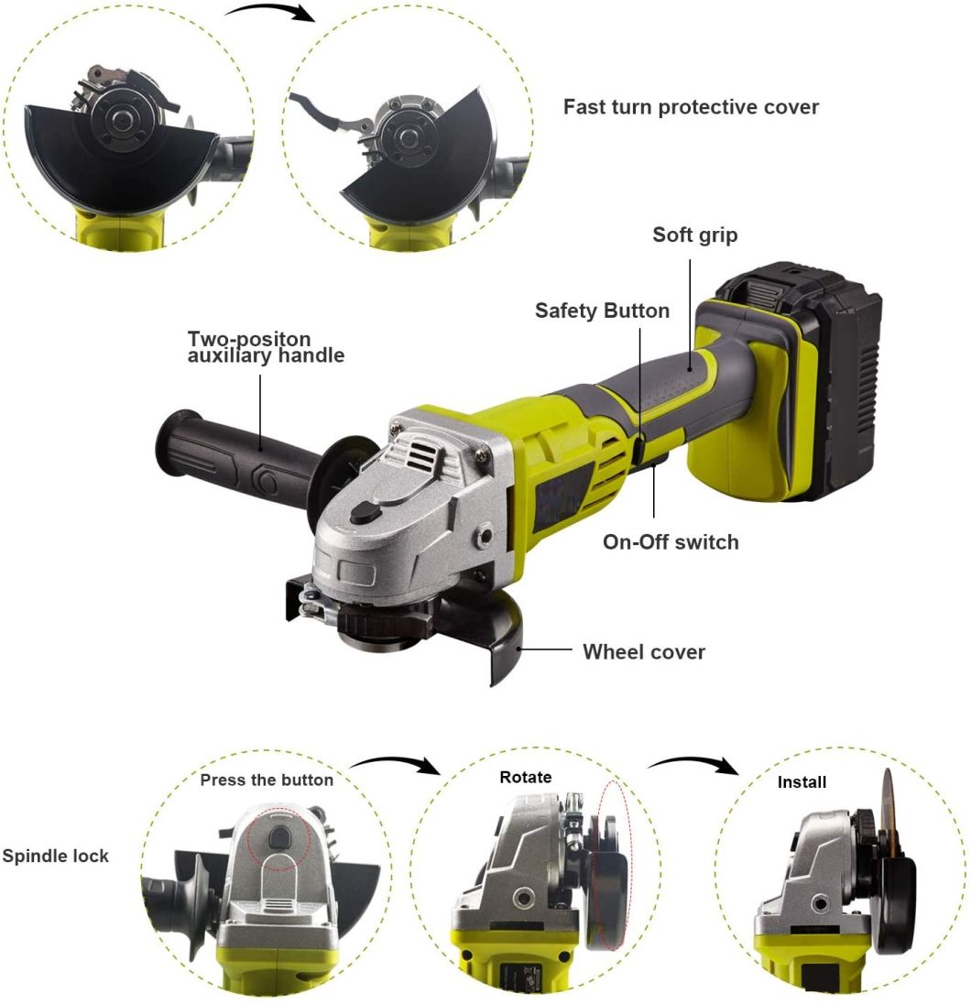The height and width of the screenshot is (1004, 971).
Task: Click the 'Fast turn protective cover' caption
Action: [x=691, y=107]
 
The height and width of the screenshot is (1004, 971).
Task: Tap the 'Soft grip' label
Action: [x=694, y=235]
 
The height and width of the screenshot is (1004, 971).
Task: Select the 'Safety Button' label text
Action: [x=602, y=311]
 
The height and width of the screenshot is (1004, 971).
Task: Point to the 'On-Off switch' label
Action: [x=670, y=541]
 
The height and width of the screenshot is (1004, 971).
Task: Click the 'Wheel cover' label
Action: [x=644, y=652]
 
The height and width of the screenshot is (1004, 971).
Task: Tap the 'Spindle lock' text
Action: [x=55, y=857]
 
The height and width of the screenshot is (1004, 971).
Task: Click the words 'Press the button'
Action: [x=267, y=780]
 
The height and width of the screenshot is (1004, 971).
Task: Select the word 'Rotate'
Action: [x=526, y=777]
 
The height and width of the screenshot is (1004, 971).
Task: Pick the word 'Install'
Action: [x=802, y=782]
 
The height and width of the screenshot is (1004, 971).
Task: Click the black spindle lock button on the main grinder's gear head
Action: [x=365, y=514]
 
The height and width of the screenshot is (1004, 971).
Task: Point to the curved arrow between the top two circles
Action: [x=270, y=13]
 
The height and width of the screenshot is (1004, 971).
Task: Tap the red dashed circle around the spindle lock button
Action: [x=278, y=838]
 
